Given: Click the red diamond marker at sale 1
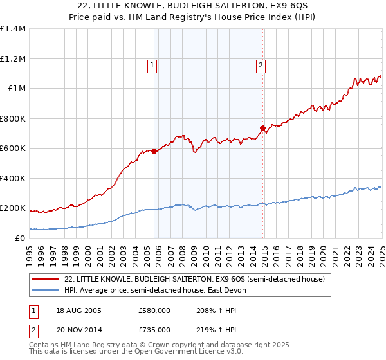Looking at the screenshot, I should (x=154, y=152).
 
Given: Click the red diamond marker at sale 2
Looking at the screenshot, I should (x=263, y=129).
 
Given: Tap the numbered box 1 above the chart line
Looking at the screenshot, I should (x=152, y=64).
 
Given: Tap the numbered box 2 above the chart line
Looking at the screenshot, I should (x=261, y=64).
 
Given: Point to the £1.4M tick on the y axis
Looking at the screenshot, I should (x=13, y=29).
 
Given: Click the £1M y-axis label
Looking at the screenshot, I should (x=17, y=89).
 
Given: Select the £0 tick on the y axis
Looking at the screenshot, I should (x=21, y=238).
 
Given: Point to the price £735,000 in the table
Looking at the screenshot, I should (x=154, y=329).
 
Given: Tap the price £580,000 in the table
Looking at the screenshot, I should (x=154, y=310).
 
